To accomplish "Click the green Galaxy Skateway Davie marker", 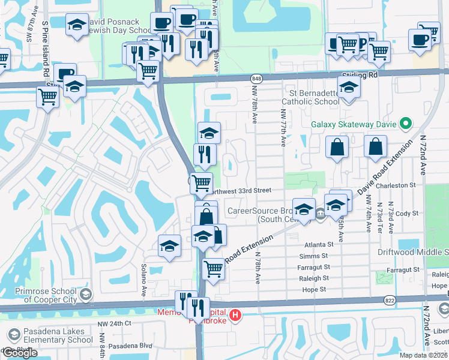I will pyautogui.click(x=406, y=125).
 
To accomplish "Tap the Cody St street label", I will pyautogui.click(x=406, y=213).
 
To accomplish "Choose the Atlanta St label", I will pyautogui.click(x=318, y=245).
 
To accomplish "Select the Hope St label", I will pyautogui.click(x=315, y=289).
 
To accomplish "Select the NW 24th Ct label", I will pyautogui.click(x=114, y=323).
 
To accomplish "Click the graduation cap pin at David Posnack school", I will pyautogui.click(x=77, y=25).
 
